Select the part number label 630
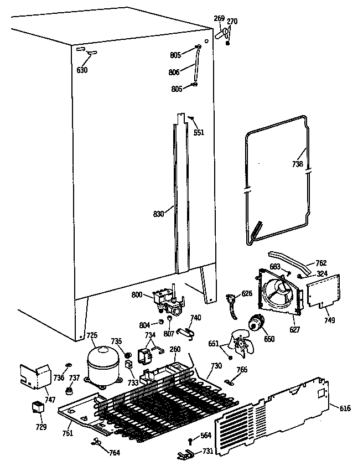(82, 70)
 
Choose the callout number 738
(298, 164)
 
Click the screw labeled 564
(190, 441)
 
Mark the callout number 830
(159, 214)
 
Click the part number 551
(199, 133)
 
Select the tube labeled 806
(196, 67)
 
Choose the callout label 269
(220, 18)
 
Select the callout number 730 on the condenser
(216, 366)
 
